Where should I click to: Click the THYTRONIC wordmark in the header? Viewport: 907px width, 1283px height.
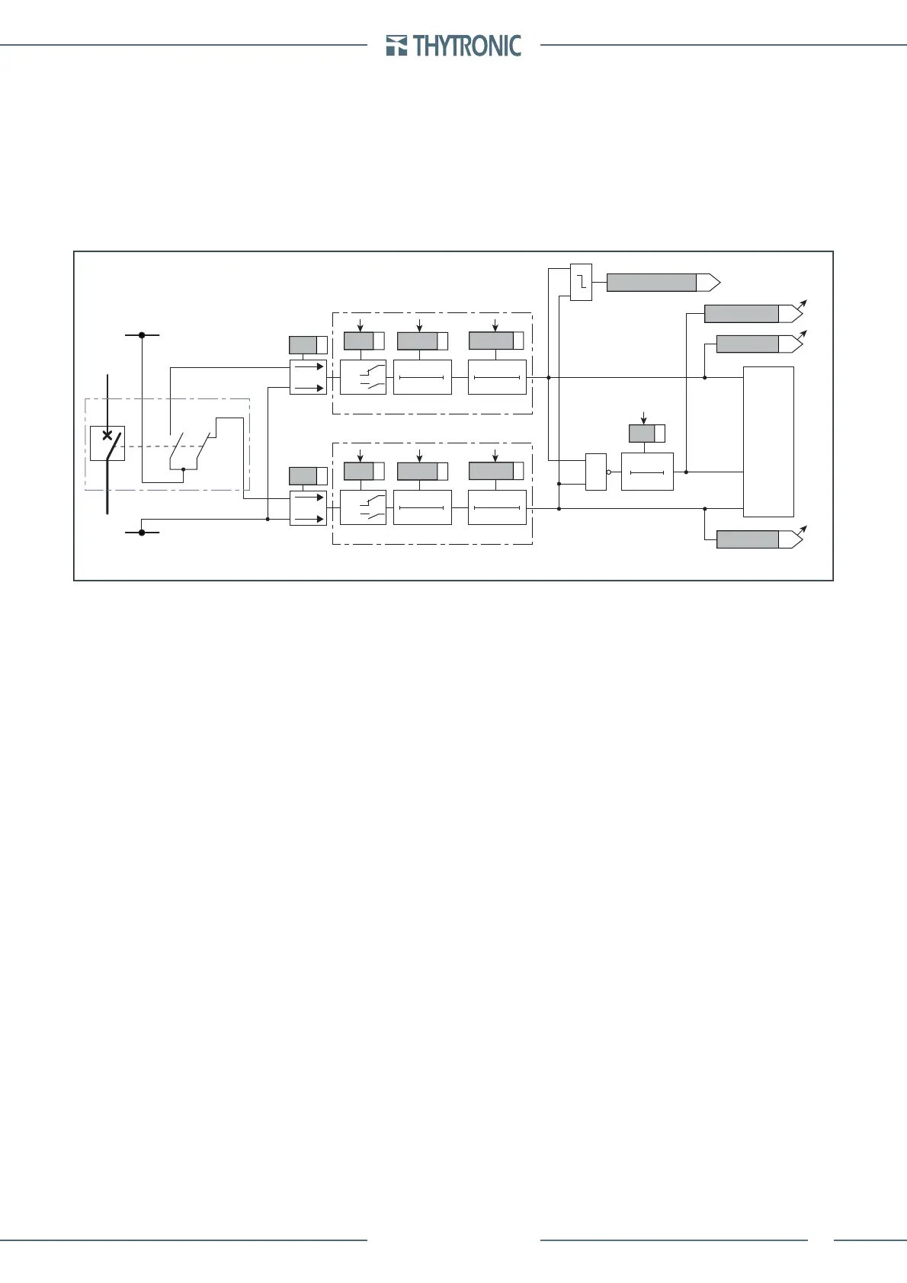467,46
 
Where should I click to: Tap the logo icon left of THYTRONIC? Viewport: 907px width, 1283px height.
396,46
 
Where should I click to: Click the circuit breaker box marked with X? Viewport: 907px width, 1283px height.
107,443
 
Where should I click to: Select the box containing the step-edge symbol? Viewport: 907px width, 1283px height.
581,282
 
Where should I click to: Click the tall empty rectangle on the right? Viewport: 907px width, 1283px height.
768,442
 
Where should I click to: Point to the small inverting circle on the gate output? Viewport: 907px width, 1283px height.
608,472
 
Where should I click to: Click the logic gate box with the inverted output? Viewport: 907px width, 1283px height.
595,472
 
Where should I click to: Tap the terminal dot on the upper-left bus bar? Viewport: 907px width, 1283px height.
142,334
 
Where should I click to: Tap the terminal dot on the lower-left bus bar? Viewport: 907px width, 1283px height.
142,533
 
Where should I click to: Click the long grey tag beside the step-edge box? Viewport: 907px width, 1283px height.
652,283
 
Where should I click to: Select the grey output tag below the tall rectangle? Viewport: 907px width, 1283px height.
748,540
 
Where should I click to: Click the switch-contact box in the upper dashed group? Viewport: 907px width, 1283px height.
363,377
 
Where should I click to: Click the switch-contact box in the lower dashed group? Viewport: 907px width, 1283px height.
363,508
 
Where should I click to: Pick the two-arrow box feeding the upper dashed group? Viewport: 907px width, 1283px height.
308,377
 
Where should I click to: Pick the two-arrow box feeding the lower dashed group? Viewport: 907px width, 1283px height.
308,508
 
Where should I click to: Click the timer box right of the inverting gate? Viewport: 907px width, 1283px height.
647,472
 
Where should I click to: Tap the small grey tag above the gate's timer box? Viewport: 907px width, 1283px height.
642,434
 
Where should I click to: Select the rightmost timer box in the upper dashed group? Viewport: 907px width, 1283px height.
497,377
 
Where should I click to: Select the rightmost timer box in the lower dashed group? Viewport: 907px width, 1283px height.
497,508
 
